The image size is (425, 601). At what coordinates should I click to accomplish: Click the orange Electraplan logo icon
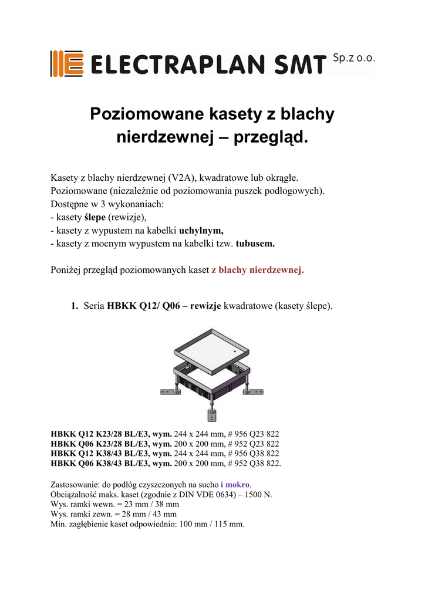pyautogui.click(x=65, y=63)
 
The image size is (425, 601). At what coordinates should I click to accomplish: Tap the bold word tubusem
pyautogui.click(x=255, y=244)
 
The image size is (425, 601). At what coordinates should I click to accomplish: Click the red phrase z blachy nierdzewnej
pyautogui.click(x=258, y=271)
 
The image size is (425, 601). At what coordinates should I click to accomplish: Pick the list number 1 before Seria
pyautogui.click(x=74, y=306)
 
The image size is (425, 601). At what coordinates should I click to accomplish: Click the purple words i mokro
pyautogui.click(x=235, y=485)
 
